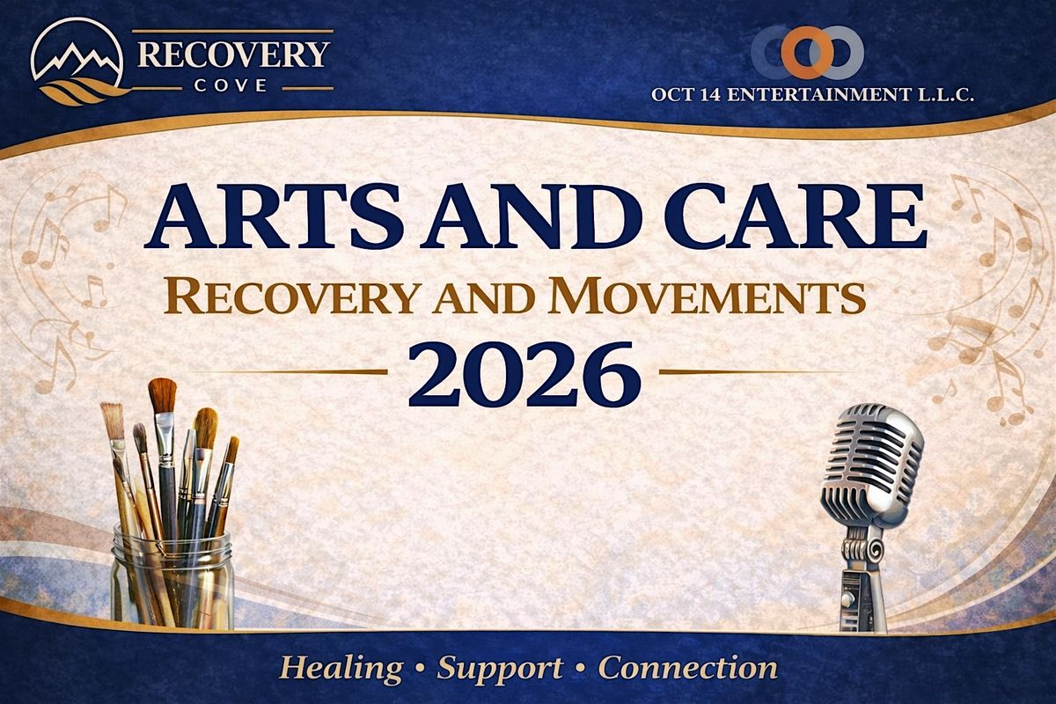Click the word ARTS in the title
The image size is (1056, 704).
pos(275,216)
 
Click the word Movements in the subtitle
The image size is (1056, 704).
pos(708,297)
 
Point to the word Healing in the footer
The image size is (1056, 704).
pos(341,668)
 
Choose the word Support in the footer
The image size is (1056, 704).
pos(500,669)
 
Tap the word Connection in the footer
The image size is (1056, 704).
pos(688,668)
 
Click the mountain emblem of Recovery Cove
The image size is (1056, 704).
pos(77,62)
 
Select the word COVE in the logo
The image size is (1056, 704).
pos(231,86)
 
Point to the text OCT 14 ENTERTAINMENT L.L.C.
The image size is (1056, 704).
pos(812,95)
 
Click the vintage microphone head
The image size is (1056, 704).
pos(872,466)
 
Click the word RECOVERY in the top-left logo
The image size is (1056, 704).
pos(233,55)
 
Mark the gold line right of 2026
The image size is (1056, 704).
pos(751,372)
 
